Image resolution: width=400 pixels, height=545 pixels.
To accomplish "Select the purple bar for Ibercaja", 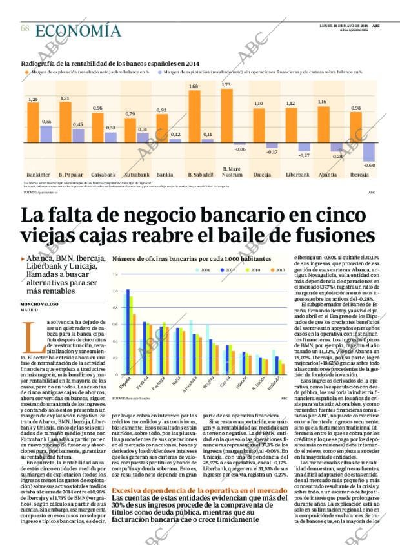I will coord(369,152).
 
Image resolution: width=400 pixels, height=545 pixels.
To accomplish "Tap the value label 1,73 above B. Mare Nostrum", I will coord(226,85).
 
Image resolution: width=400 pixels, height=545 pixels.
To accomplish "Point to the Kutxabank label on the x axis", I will coord(137,175).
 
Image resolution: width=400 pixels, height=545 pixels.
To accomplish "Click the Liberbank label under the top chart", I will coord(298,175).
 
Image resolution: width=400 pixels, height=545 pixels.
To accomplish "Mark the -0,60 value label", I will coord(369,166).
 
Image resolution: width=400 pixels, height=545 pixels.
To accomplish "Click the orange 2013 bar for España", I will coord(134,344).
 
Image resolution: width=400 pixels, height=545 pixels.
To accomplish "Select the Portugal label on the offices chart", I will coord(165,384).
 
